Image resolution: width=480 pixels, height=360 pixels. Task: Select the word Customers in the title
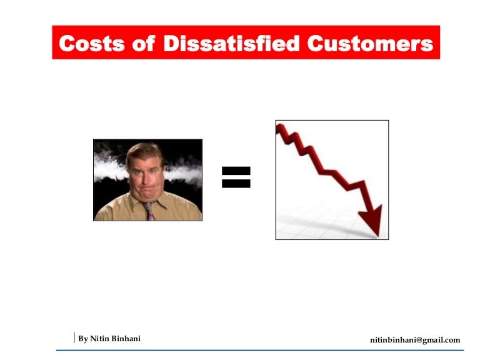tap(370, 44)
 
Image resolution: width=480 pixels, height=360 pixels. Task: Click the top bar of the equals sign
tap(236, 170)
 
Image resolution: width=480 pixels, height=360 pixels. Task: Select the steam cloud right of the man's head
tap(186, 167)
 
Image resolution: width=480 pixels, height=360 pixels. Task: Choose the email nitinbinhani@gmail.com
tap(415, 340)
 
